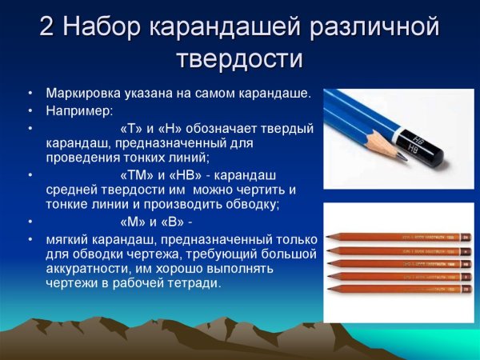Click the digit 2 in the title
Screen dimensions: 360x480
pyautogui.click(x=49, y=29)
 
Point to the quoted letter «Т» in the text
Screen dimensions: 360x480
pyautogui.click(x=130, y=128)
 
